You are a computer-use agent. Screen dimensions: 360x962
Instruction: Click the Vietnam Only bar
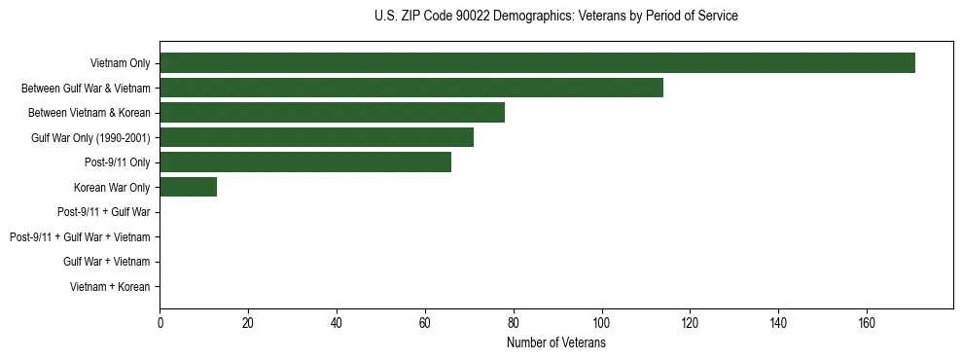[537, 63]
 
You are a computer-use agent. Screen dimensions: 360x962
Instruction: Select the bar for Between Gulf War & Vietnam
[411, 88]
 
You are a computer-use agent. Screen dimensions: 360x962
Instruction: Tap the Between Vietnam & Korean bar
[332, 113]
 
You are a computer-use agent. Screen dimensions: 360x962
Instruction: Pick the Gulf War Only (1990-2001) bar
[316, 137]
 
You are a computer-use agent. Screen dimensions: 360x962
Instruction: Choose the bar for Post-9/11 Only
[305, 162]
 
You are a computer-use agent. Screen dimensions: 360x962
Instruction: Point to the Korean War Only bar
[188, 187]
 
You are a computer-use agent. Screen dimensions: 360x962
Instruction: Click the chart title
[555, 17]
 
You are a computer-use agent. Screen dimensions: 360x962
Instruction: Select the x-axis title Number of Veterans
[555, 342]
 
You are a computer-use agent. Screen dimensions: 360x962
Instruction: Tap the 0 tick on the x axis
[160, 323]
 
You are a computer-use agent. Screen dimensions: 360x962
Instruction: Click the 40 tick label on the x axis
[337, 323]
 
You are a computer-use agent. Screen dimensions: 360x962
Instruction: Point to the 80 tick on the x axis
[514, 323]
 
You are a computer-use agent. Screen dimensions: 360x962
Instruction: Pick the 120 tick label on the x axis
[690, 323]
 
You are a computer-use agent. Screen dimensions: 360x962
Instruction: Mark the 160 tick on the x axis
[867, 323]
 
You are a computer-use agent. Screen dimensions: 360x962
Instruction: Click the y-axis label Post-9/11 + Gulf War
[104, 212]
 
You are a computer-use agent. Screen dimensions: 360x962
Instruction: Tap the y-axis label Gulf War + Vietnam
[107, 262]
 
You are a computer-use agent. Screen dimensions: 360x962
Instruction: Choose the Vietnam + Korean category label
[110, 287]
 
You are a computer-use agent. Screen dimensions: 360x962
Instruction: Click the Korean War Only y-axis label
[112, 187]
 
